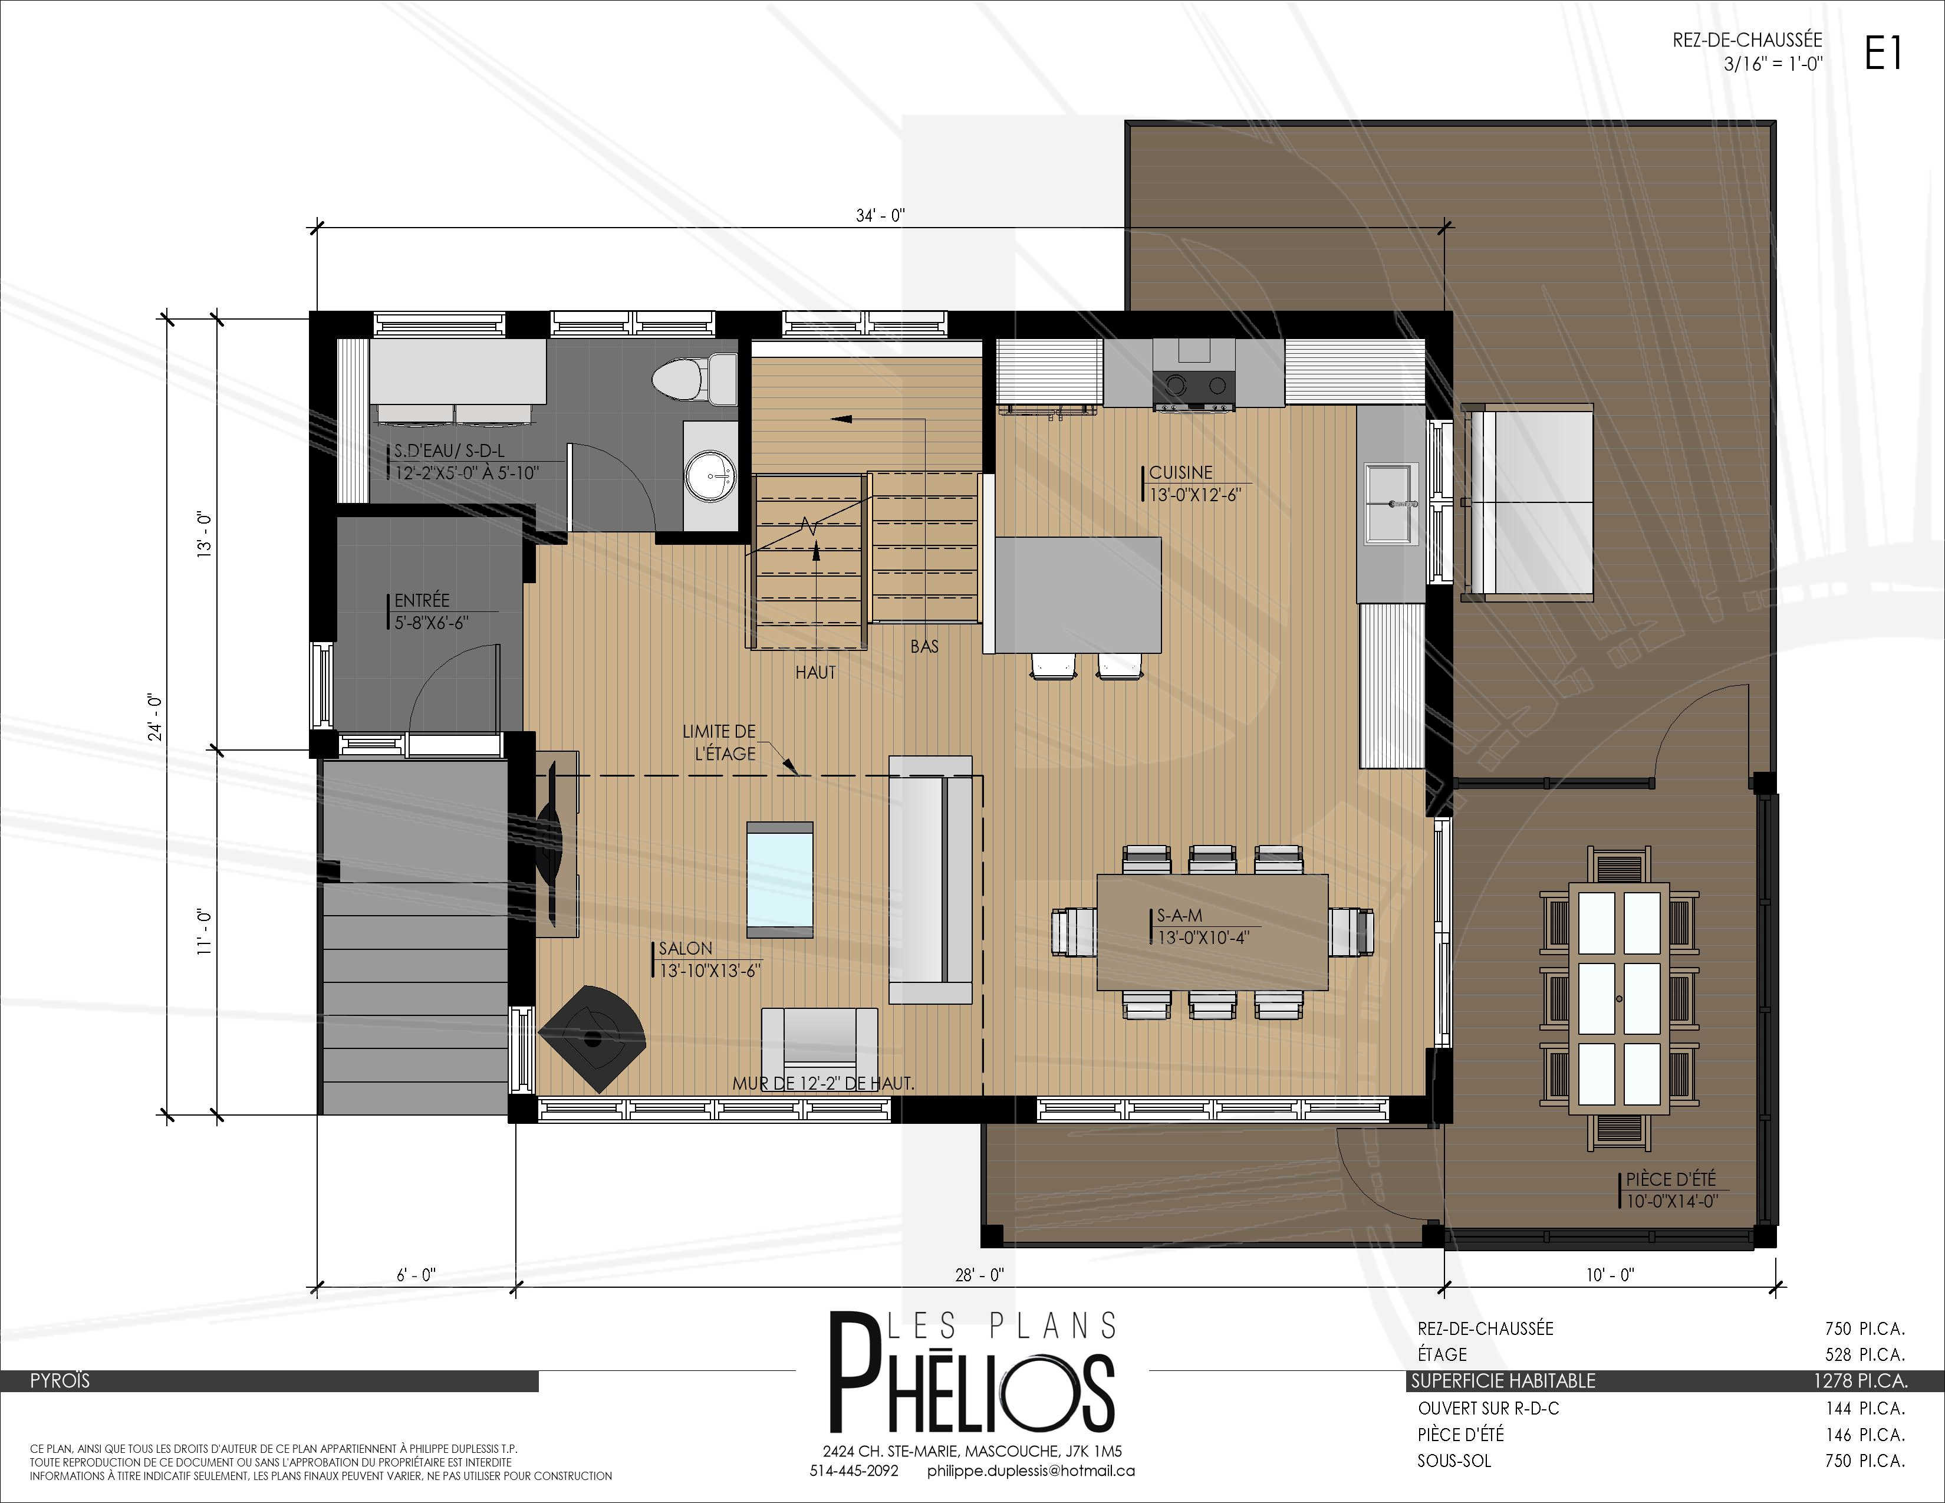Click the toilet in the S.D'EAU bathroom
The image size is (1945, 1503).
pos(695,379)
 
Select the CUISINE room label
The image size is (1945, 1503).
pos(1181,472)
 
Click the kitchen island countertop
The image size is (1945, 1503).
pos(1078,594)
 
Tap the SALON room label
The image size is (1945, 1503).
pos(685,948)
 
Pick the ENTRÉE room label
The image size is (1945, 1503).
pos(422,600)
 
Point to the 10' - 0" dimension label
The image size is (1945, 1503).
pos(1610,1275)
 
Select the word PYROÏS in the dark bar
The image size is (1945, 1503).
pos(60,1381)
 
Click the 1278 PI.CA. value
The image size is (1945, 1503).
pos(1860,1381)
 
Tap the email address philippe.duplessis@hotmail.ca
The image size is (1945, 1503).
pos(1031,1471)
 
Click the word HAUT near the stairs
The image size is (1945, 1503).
pos(816,673)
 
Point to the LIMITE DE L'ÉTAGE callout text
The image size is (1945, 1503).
pos(720,742)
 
